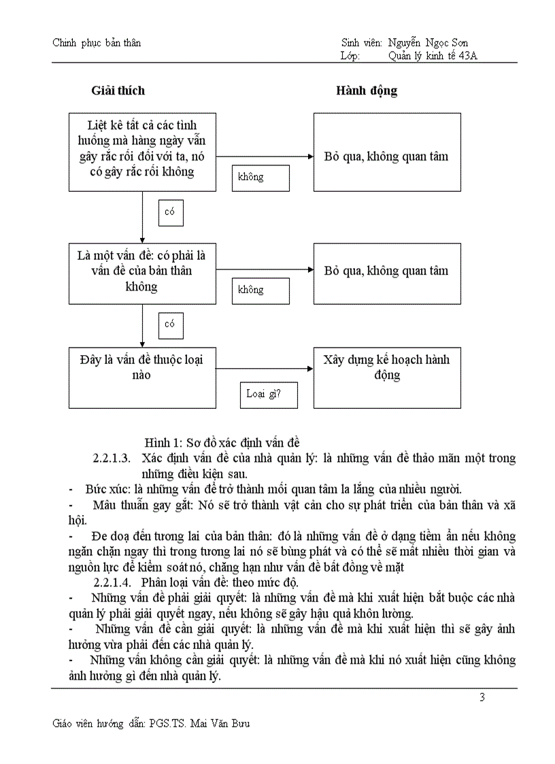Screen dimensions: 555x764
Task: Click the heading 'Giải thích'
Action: pos(118,90)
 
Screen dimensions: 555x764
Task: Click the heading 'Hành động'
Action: pos(367,90)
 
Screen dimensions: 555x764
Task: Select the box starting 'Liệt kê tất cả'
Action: pos(142,152)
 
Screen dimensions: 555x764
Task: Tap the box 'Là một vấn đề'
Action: pos(142,273)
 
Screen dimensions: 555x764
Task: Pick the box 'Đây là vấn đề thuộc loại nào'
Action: pos(142,378)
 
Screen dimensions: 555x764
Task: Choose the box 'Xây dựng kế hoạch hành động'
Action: pos(387,378)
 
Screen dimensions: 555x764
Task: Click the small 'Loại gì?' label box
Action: pos(269,394)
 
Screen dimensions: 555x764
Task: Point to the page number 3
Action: pos(482,697)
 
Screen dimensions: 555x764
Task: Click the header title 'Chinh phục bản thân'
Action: pos(97,43)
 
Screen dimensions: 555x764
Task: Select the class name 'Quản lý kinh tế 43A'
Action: pos(433,56)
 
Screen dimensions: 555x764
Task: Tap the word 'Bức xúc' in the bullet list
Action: pos(103,488)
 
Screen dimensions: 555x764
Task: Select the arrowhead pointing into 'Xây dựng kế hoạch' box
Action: pos(310,369)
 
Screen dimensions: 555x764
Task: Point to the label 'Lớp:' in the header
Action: pos(350,56)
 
